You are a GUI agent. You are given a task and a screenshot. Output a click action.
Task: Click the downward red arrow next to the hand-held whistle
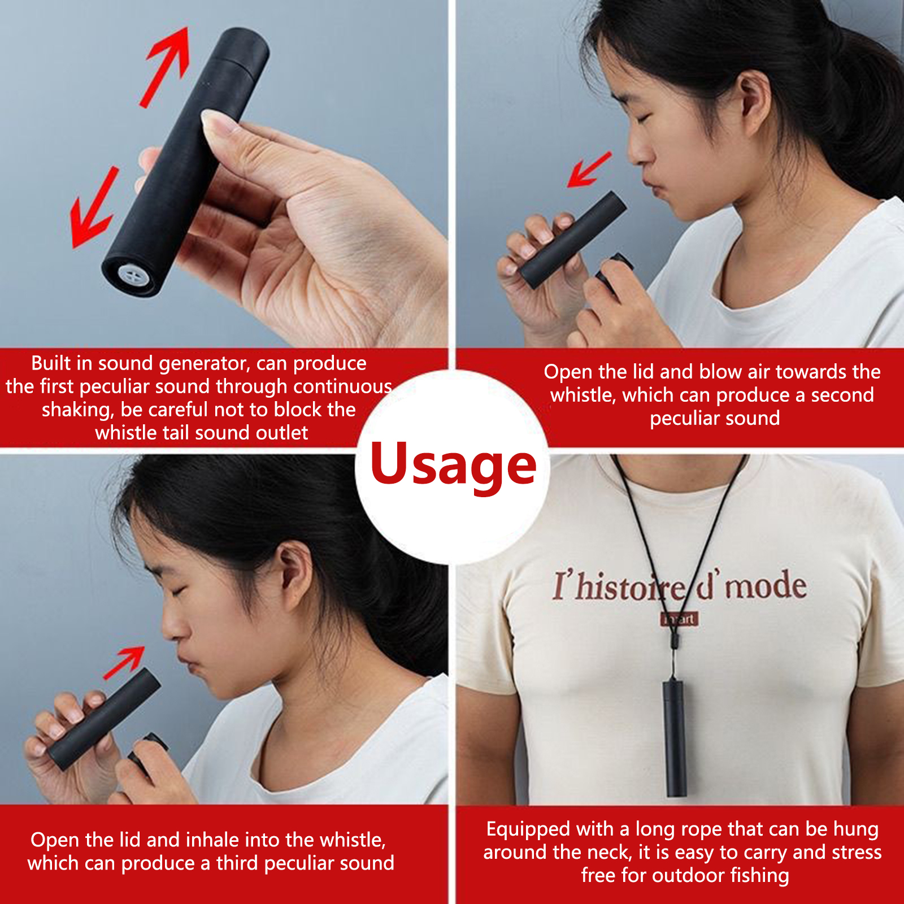[x=94, y=208]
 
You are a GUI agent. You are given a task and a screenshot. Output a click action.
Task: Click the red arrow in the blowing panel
[x=589, y=169]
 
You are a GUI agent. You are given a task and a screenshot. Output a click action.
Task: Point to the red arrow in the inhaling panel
[x=124, y=663]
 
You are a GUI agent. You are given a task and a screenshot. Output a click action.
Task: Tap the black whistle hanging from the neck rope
[x=675, y=737]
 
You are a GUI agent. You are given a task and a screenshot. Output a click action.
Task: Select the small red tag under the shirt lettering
[x=680, y=619]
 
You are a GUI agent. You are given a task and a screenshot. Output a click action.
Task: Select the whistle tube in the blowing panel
[x=572, y=240]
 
